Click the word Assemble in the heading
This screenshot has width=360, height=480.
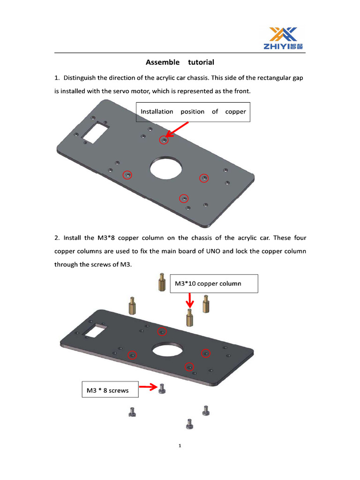[162, 62]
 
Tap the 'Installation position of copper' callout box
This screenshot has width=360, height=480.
[193, 112]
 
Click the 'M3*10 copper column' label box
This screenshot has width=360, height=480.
[214, 284]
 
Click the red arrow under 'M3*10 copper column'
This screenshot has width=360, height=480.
[189, 300]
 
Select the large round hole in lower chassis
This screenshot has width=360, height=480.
[169, 352]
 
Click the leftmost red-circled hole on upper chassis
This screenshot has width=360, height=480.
[127, 175]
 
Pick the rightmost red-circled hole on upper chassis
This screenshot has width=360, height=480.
[204, 178]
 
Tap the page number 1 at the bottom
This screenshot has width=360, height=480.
[180, 446]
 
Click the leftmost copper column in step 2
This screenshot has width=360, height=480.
[132, 306]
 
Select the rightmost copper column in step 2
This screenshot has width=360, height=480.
[206, 304]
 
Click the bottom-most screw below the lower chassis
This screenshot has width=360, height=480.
[189, 424]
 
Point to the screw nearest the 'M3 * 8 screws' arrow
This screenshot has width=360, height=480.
[162, 389]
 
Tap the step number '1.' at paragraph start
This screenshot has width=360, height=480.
[57, 78]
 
